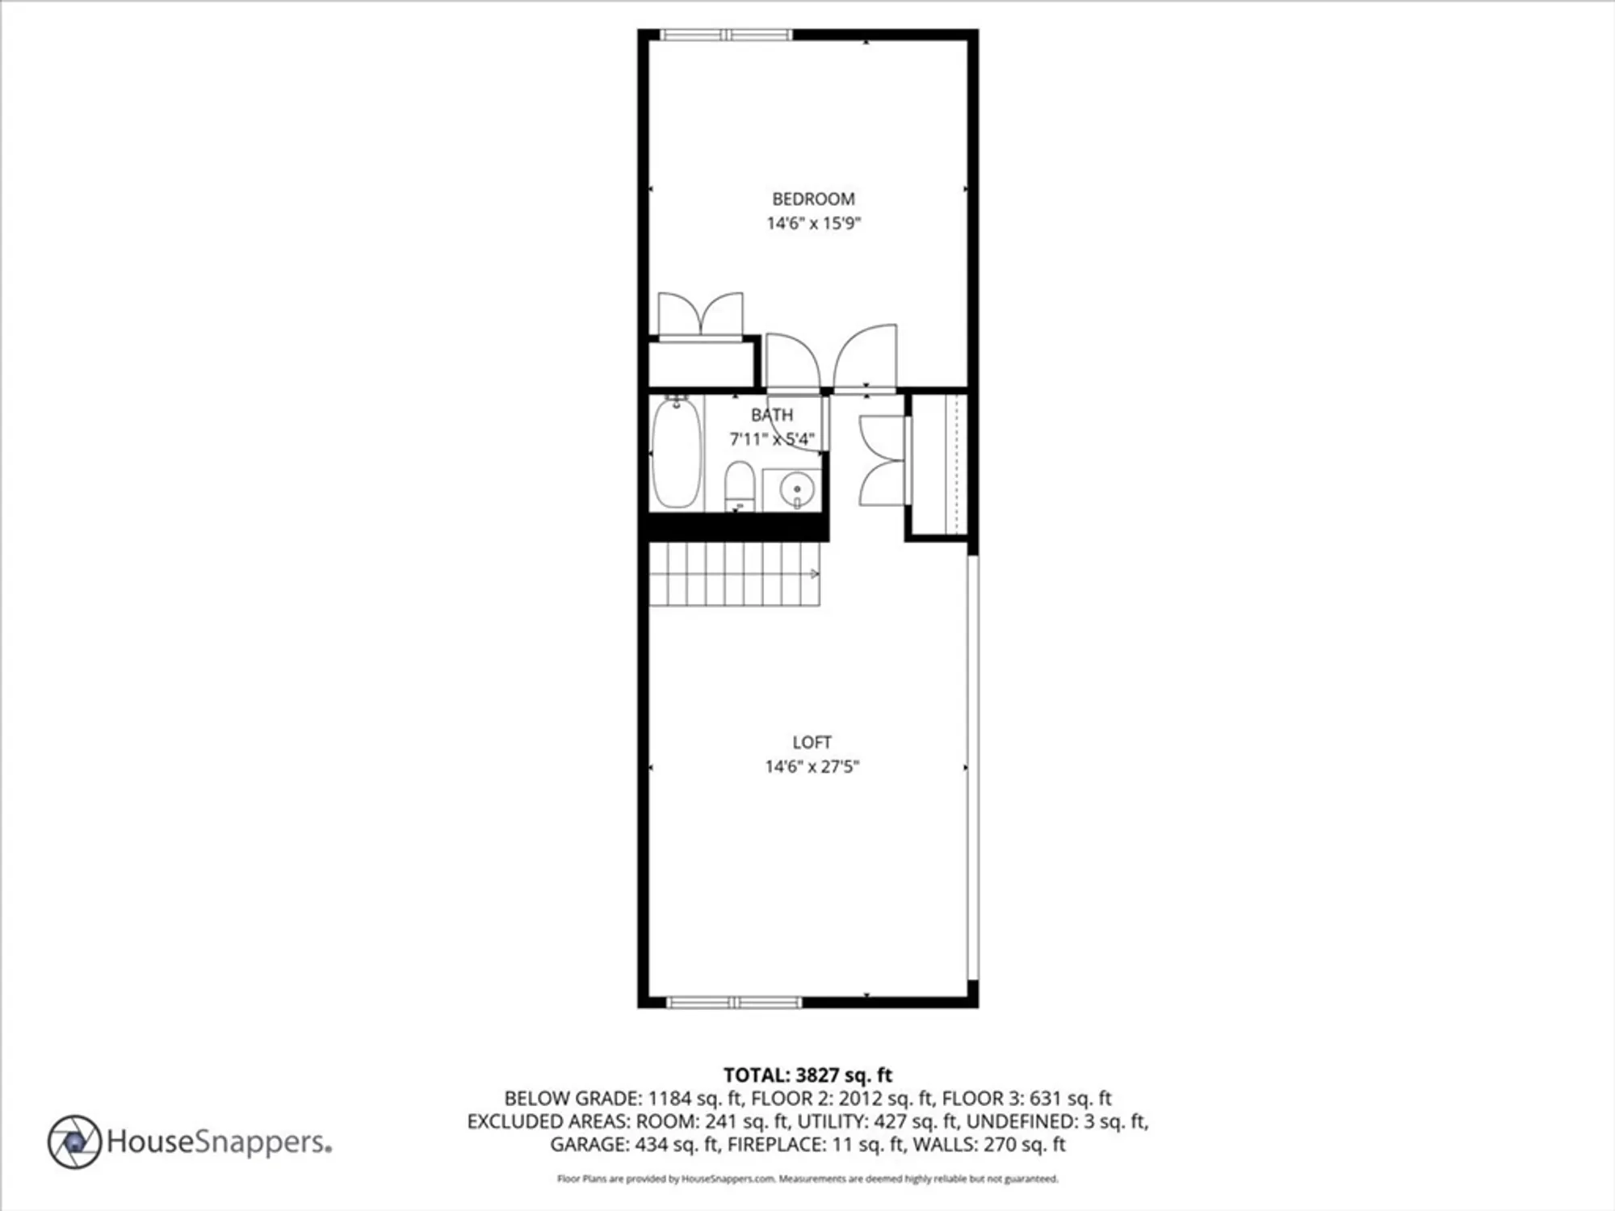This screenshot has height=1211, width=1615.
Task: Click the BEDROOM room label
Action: [x=813, y=199]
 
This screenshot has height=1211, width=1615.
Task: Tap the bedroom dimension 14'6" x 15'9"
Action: [x=813, y=223]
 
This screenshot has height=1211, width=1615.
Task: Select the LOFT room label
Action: [x=812, y=742]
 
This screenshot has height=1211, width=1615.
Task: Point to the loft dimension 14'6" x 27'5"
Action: [x=812, y=766]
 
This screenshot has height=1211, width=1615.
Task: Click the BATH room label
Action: [x=772, y=415]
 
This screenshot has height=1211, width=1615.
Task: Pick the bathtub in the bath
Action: [x=676, y=454]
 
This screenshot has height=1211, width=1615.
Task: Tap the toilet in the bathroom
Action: [x=739, y=486]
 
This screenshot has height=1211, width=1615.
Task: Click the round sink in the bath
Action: [x=797, y=489]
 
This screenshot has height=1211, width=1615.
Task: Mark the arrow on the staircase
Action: [x=814, y=574]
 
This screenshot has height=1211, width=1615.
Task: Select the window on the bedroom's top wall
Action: [x=727, y=35]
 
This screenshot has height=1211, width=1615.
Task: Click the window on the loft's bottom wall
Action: [x=733, y=1003]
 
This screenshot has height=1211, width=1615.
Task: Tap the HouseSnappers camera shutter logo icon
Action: [x=74, y=1142]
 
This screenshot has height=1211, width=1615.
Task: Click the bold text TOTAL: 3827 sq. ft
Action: [x=807, y=1075]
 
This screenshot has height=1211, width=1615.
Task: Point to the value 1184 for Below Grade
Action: [x=670, y=1098]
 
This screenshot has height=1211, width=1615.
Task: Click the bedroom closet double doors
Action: [x=700, y=315]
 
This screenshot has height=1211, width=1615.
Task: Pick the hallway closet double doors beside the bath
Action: [x=882, y=461]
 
